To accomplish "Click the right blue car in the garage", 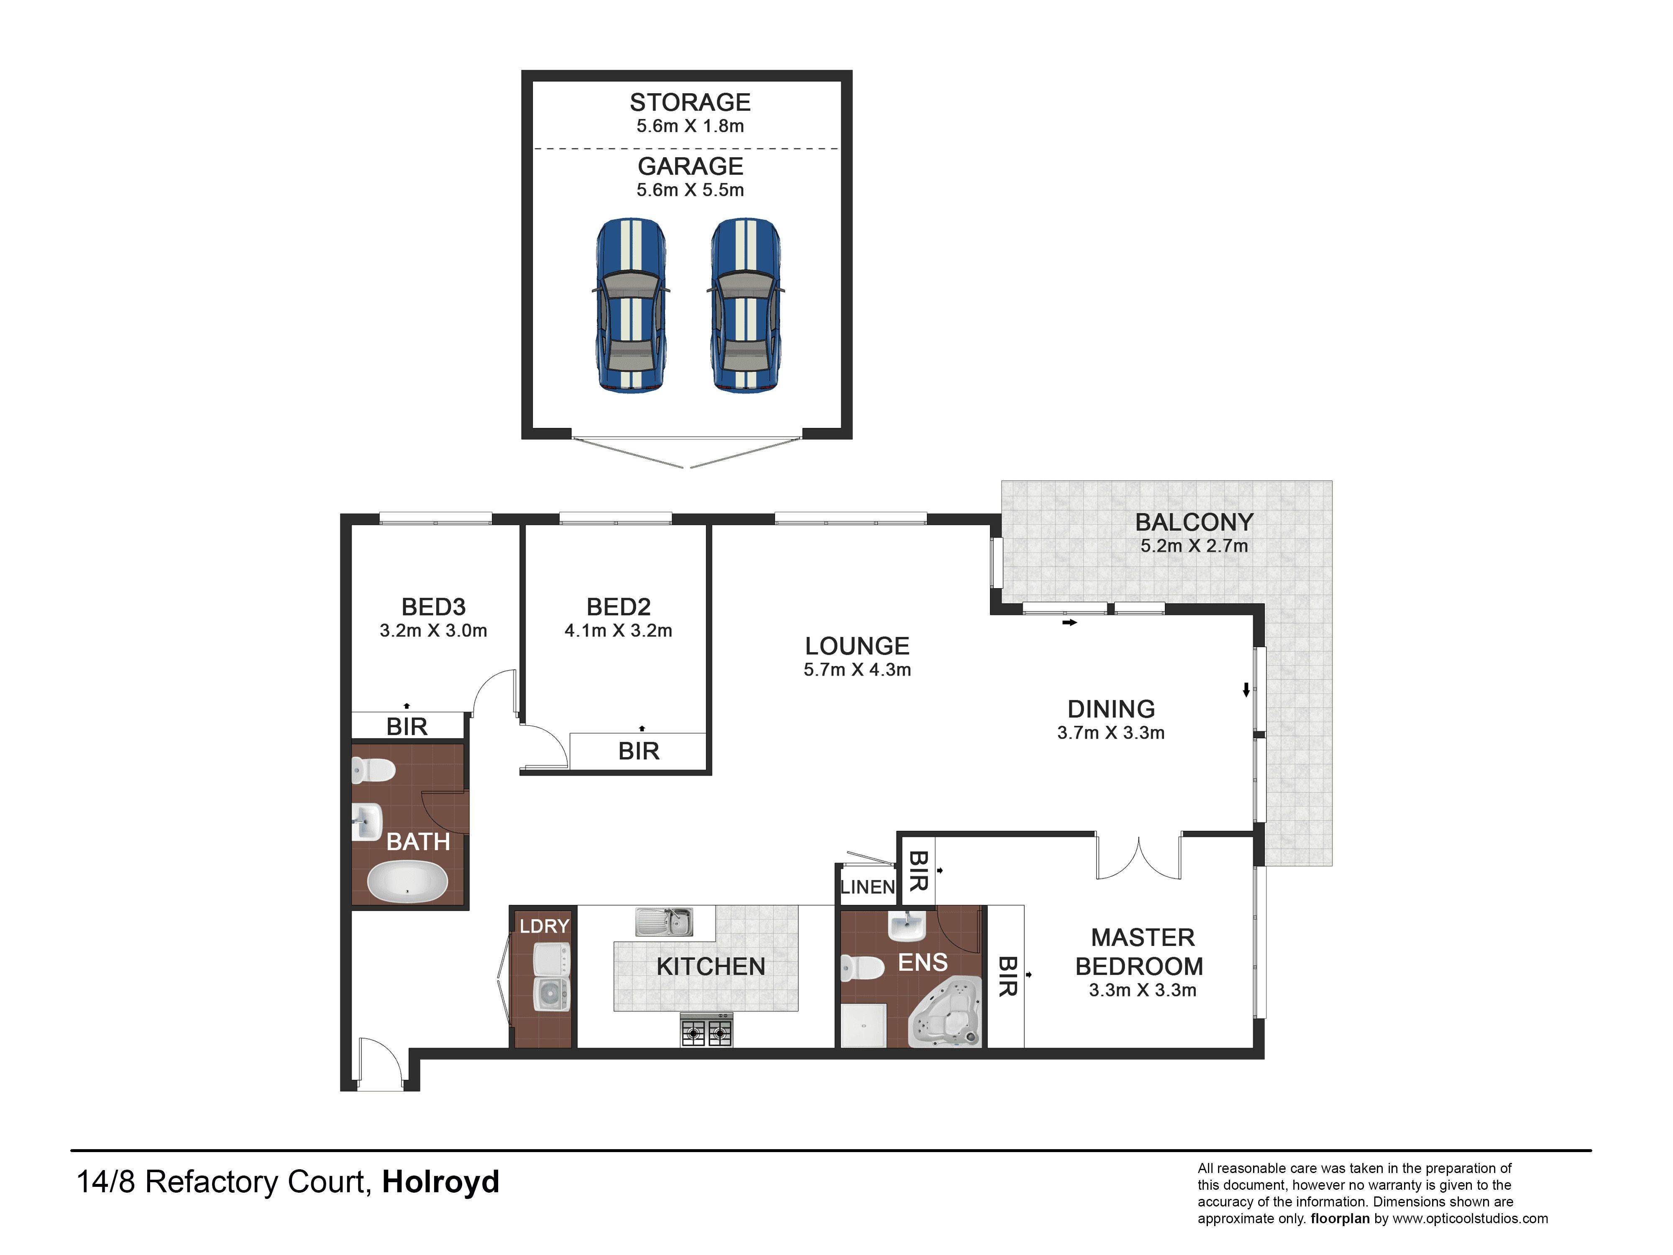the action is pyautogui.click(x=746, y=306).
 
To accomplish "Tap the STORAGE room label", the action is pyautogui.click(x=690, y=102).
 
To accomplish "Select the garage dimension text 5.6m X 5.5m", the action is pyautogui.click(x=690, y=190).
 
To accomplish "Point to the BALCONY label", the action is pyautogui.click(x=1194, y=522).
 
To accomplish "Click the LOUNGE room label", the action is pyautogui.click(x=857, y=646).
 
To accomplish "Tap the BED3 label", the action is pyautogui.click(x=433, y=607).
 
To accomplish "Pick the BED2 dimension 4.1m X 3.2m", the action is pyautogui.click(x=618, y=630).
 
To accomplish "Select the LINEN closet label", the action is pyautogui.click(x=867, y=886).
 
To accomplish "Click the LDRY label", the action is pyautogui.click(x=545, y=926).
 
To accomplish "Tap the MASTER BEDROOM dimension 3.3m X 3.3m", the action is pyautogui.click(x=1143, y=990).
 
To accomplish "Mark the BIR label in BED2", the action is pyautogui.click(x=639, y=751).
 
